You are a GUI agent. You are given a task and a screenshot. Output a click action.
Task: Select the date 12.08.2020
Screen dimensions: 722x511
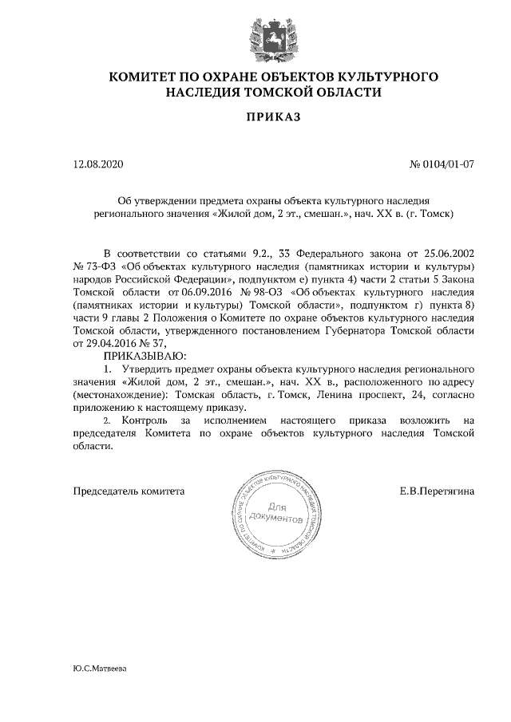99,165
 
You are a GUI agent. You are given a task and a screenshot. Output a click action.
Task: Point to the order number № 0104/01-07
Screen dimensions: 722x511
442,165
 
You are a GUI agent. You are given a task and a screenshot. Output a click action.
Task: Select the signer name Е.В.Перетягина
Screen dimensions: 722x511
437,491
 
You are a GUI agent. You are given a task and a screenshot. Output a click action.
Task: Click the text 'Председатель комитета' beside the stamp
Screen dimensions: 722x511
129,491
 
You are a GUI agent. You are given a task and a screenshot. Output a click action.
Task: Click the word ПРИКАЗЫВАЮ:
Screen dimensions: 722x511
145,356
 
